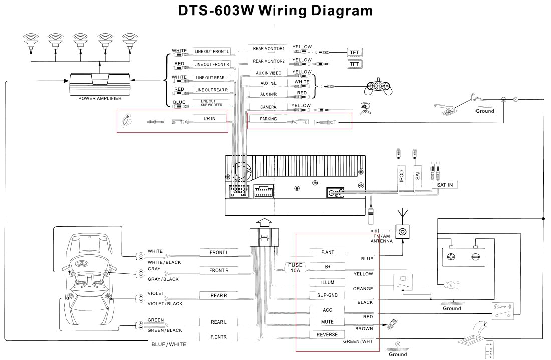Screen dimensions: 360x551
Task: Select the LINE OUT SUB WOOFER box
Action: (211, 103)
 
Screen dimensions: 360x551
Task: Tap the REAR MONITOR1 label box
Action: (268, 49)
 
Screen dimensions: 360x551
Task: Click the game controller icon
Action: (378, 87)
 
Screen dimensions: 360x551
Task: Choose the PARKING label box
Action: (268, 119)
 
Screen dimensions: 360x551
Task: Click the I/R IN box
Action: (210, 119)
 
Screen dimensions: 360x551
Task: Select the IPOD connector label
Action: (401, 175)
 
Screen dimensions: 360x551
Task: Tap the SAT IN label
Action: (444, 185)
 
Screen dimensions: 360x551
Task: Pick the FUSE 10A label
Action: (295, 267)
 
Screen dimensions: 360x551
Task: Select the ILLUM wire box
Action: (328, 282)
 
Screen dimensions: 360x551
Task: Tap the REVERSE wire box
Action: (328, 334)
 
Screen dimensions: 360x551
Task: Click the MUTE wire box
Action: (328, 322)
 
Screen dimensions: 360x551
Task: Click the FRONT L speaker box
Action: (219, 253)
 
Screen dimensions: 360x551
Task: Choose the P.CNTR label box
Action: (219, 337)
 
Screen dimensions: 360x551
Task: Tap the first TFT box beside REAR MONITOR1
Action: (354, 53)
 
